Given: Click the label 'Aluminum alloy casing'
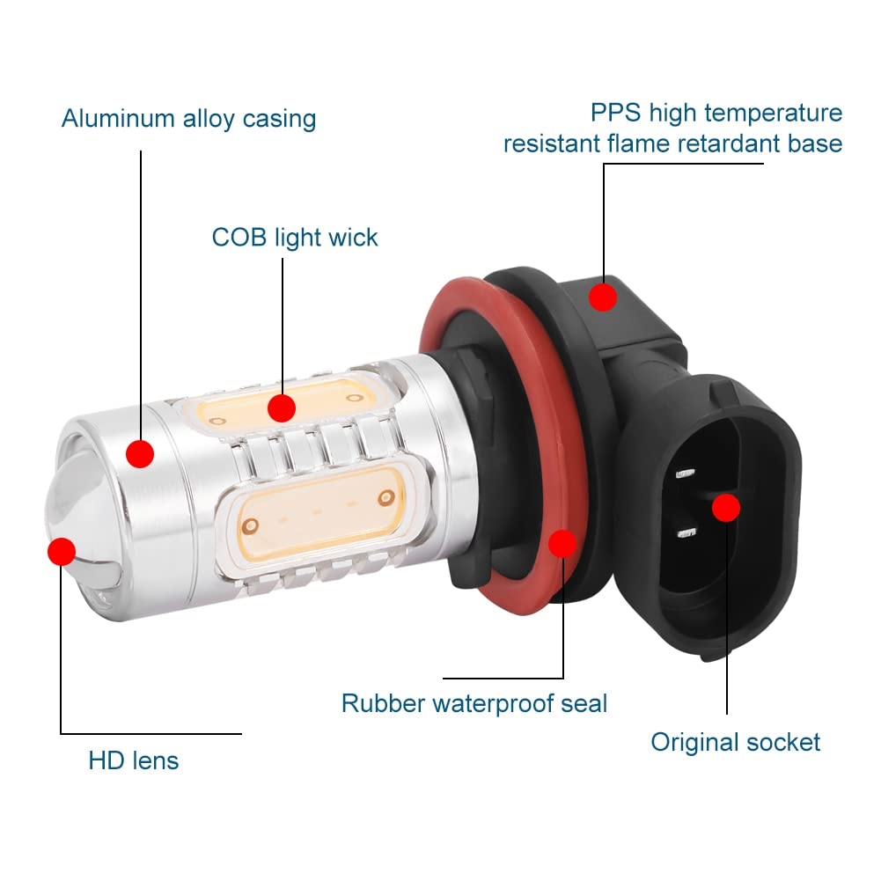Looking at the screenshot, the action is [x=188, y=119].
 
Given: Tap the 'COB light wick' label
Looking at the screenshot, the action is [x=294, y=238].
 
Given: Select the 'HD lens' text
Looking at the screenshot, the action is [x=133, y=760].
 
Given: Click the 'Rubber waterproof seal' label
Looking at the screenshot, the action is [x=474, y=703].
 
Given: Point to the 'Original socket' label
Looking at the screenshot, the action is [x=735, y=742].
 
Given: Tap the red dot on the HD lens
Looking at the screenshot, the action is [x=62, y=552].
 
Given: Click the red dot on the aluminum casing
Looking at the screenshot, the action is [x=140, y=454].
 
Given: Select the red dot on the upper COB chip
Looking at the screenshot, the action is [x=281, y=407].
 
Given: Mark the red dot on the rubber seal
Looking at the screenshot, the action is [x=562, y=543].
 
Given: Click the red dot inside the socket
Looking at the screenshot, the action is [x=726, y=507].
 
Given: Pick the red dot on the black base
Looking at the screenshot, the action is [x=603, y=297].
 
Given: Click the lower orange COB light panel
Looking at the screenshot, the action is [x=317, y=510].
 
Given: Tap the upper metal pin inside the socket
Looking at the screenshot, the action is [x=685, y=474].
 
